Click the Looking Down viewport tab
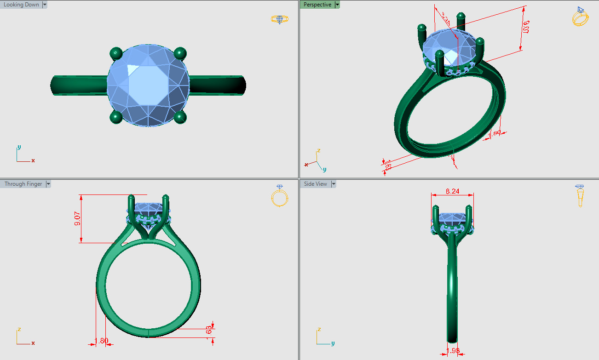pyautogui.click(x=21, y=5)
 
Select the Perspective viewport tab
pyautogui.click(x=317, y=5)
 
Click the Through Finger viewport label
pyautogui.click(x=23, y=184)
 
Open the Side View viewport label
pyautogui.click(x=315, y=184)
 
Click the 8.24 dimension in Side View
pyautogui.click(x=452, y=191)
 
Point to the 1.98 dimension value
pyautogui.click(x=453, y=351)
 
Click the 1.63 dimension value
pyautogui.click(x=209, y=331)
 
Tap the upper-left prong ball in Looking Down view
pyautogui.click(x=115, y=54)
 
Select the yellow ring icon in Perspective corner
pyautogui.click(x=580, y=17)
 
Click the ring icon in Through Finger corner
pyautogui.click(x=279, y=196)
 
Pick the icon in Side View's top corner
pyautogui.click(x=581, y=195)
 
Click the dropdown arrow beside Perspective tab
pyautogui.click(x=337, y=5)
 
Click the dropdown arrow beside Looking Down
pyautogui.click(x=45, y=5)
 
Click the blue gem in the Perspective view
pyautogui.click(x=449, y=46)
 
